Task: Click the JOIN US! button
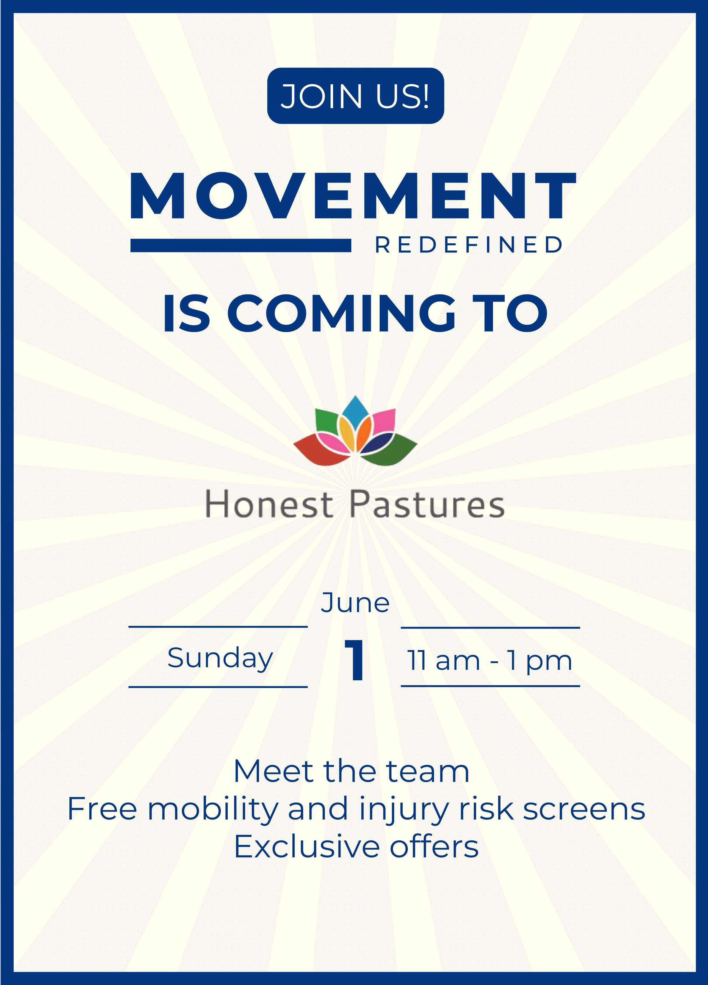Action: click(x=355, y=96)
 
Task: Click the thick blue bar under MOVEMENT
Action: click(x=241, y=245)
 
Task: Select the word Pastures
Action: click(x=427, y=504)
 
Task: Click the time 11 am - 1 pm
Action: click(x=489, y=661)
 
